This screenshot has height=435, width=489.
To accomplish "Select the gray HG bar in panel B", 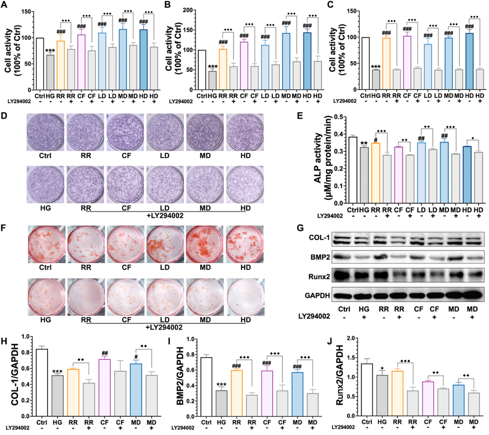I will [x=213, y=81].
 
